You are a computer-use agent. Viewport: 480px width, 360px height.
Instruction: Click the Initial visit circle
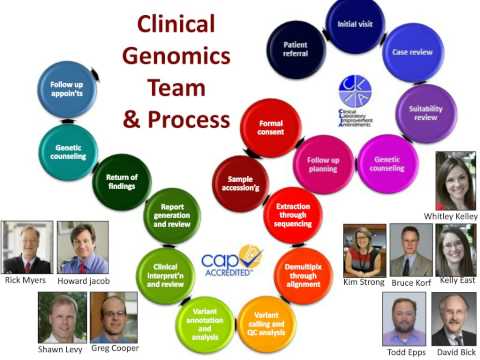[354, 24]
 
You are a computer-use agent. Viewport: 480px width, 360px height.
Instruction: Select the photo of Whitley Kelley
[456, 180]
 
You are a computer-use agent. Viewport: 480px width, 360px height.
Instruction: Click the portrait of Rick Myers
[27, 248]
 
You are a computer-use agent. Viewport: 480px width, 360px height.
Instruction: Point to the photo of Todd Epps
[404, 319]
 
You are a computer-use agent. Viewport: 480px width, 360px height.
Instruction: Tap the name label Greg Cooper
[113, 347]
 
